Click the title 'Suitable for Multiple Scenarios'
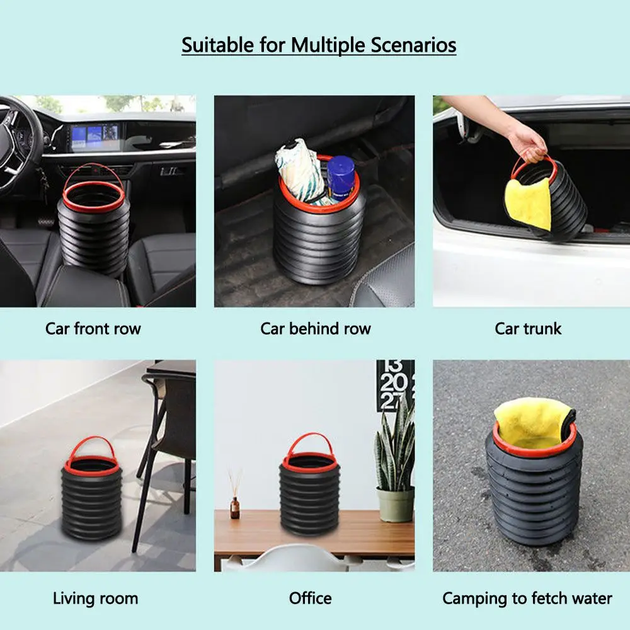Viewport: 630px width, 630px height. coord(319,46)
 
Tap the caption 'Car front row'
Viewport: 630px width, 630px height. coord(93,328)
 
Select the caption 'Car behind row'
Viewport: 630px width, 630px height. coord(316,328)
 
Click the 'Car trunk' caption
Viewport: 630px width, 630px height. coord(528,328)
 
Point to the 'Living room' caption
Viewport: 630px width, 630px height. coord(95,598)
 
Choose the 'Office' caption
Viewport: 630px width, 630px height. coord(310,598)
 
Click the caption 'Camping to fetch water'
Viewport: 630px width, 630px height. coord(527,598)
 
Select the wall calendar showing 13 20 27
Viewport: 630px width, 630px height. coord(395,384)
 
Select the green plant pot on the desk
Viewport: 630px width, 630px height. coord(396,505)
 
